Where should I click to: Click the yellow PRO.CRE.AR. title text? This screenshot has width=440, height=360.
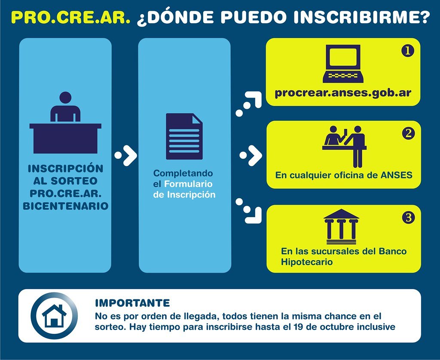[x=71, y=17]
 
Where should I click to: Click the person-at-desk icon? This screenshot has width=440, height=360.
[x=65, y=123]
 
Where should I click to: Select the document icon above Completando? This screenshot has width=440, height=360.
[x=184, y=136]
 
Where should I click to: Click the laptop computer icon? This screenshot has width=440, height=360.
[x=343, y=64]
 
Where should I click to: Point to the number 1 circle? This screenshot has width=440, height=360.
[x=408, y=51]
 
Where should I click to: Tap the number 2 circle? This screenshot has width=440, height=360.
[x=408, y=133]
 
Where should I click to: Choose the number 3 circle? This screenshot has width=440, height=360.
[x=408, y=217]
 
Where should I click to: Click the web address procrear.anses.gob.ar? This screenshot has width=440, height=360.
[x=343, y=93]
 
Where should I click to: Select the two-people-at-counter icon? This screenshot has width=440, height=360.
[x=345, y=146]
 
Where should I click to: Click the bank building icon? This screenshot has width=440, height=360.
[x=341, y=227]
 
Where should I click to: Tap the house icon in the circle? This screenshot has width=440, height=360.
[x=54, y=316]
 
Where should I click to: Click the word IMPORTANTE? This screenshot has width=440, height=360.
[x=132, y=303]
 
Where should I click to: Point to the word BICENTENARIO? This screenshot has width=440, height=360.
[x=65, y=206]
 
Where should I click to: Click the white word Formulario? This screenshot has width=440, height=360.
[x=188, y=184]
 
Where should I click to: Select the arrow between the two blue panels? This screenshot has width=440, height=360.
[x=126, y=155]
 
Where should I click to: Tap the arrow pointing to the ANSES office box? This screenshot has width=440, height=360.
[x=251, y=155]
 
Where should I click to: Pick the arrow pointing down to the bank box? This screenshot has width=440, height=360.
[x=249, y=211]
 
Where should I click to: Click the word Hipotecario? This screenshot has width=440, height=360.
[x=303, y=262]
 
